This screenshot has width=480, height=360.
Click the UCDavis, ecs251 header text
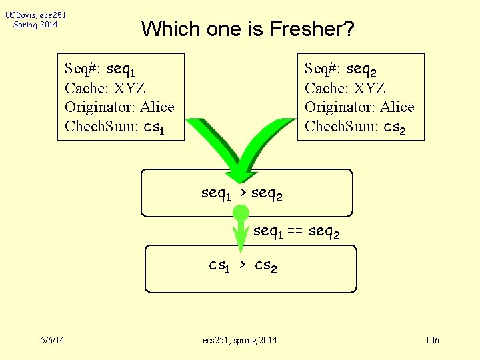(x=35, y=15)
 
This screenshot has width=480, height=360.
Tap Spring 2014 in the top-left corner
(x=35, y=25)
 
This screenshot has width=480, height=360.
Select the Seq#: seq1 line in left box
(x=100, y=69)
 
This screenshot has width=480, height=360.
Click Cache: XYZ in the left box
(x=105, y=88)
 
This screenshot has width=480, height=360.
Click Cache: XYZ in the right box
(x=345, y=88)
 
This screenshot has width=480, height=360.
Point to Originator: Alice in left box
(x=119, y=107)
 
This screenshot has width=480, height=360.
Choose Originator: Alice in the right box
(x=359, y=107)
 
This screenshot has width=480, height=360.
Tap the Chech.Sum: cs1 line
(x=114, y=127)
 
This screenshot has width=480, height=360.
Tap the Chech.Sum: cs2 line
(x=354, y=127)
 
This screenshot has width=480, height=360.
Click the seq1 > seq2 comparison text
(x=241, y=194)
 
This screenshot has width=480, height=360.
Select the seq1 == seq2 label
(x=297, y=232)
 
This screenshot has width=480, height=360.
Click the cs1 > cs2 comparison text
(x=243, y=266)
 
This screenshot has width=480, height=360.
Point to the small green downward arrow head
(x=241, y=240)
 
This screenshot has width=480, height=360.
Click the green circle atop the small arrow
(x=241, y=213)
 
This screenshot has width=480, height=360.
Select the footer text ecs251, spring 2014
(x=239, y=341)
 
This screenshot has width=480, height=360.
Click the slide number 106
(x=432, y=341)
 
